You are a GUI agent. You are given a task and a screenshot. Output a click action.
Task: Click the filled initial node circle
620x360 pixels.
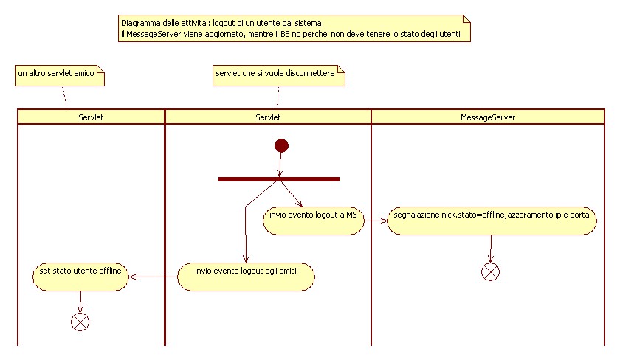tap(281, 146)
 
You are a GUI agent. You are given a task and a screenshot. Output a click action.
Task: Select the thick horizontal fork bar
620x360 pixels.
tap(279, 179)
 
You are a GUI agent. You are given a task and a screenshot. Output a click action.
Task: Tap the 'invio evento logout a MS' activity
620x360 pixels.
tap(314, 221)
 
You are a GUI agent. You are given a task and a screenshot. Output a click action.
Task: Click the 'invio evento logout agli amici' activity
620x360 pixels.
tap(246, 277)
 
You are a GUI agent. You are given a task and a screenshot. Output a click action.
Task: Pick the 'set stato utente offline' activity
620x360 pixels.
tap(80, 277)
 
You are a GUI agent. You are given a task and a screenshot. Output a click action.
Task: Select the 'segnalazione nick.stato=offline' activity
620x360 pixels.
tap(492, 221)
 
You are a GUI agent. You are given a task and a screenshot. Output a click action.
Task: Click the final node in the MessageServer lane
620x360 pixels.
tap(490, 272)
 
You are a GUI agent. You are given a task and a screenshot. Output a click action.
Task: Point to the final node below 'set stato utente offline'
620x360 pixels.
tap(80, 322)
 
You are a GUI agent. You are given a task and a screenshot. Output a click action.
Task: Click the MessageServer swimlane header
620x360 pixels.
tap(488, 117)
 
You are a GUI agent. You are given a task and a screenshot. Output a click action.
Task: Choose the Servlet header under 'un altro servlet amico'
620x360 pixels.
tap(91, 117)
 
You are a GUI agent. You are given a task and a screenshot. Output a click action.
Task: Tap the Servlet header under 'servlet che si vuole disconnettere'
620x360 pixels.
tap(268, 117)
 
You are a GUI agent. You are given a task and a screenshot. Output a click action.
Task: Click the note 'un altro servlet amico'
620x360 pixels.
tap(60, 75)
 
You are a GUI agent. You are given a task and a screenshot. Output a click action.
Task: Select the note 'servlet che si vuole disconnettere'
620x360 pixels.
tap(279, 75)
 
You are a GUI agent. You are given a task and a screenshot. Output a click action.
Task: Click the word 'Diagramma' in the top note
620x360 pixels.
tap(140, 23)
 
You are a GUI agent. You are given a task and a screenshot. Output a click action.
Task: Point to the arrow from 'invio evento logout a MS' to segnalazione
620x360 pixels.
tap(375, 221)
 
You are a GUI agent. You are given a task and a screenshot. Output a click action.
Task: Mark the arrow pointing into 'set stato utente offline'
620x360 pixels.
tap(153, 277)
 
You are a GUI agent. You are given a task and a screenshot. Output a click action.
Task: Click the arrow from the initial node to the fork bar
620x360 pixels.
tap(280, 165)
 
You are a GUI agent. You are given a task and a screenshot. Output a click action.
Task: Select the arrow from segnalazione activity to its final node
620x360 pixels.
tap(491, 249)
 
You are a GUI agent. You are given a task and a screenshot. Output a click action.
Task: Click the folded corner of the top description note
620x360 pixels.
tap(467, 19)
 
